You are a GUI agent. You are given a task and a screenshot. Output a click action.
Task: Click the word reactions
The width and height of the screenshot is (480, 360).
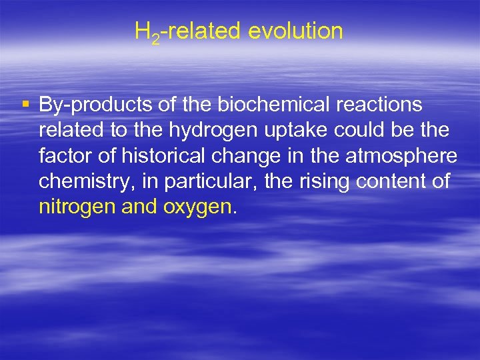[x=383, y=105]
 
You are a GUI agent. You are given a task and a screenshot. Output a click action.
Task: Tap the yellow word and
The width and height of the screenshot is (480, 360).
[x=139, y=207]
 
